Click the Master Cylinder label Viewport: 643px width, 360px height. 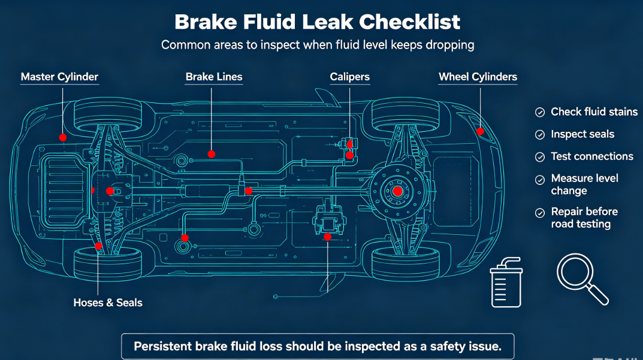pos(59,77)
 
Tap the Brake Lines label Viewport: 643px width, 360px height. pos(214,77)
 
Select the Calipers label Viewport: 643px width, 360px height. pos(350,77)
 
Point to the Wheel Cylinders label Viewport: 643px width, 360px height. pos(478,77)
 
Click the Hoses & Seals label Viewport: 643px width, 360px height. pos(108,302)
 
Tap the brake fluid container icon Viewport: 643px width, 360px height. pos(506,283)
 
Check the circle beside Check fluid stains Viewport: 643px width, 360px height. pos(540,113)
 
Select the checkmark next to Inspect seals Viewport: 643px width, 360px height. pos(540,135)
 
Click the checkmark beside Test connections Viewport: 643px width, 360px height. pos(540,157)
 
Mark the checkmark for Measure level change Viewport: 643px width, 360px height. pos(540,180)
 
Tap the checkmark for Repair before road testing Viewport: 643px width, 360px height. pos(540,213)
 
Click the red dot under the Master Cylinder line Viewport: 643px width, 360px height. pos(63,137)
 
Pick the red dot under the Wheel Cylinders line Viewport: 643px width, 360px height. pos(480,131)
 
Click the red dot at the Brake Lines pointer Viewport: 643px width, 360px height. pos(211,154)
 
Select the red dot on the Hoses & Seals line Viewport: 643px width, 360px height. pos(98,246)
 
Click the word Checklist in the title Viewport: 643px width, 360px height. pos(410,22)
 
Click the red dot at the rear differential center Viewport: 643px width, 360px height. pos(397,191)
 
